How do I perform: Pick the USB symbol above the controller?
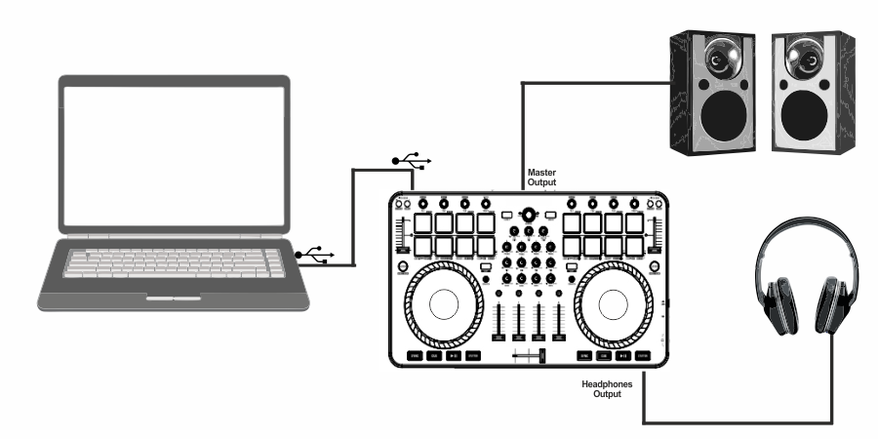coord(409,158)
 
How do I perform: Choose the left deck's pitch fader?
coord(399,238)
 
